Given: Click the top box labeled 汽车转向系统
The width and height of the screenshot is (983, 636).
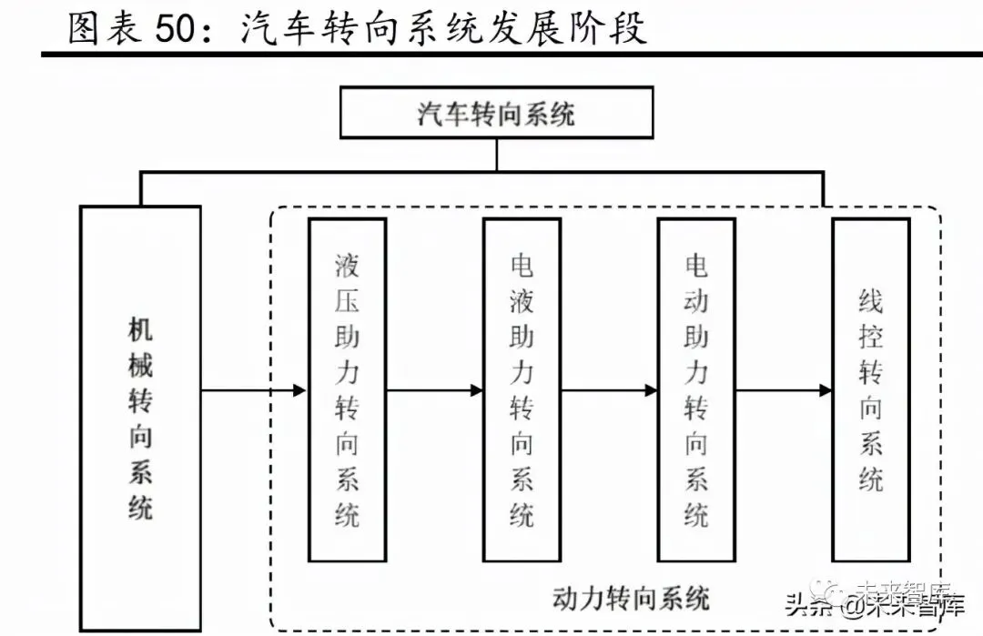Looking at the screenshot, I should pos(496,112).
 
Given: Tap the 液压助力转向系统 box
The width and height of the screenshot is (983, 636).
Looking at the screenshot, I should pos(347,389).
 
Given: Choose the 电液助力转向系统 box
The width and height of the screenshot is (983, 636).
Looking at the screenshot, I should pos(522,389).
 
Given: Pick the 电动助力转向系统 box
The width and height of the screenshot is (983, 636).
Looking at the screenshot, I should pos(696,389).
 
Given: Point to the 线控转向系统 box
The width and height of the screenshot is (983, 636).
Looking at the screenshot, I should pos(871,389).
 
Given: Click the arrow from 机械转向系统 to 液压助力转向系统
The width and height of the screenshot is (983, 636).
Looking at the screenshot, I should pos(254,390).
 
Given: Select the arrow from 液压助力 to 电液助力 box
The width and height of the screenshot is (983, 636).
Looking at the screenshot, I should pos(434,390).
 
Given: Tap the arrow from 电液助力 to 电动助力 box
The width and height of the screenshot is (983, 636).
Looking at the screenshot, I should pos(609,390).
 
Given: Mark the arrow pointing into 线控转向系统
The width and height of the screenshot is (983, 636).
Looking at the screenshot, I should pos(784,390).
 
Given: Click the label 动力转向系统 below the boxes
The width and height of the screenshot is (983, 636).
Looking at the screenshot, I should pos(631,598).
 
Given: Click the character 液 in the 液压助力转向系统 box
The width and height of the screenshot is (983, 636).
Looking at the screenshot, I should pos(347,266).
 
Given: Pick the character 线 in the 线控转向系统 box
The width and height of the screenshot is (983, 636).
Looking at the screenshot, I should pos(871,301).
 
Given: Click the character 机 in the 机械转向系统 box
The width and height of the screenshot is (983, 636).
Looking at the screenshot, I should pos(140,330).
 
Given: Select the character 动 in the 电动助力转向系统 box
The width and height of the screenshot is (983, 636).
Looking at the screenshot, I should pos(696,301).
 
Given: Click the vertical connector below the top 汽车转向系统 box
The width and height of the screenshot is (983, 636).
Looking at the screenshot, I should pos(496,154).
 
